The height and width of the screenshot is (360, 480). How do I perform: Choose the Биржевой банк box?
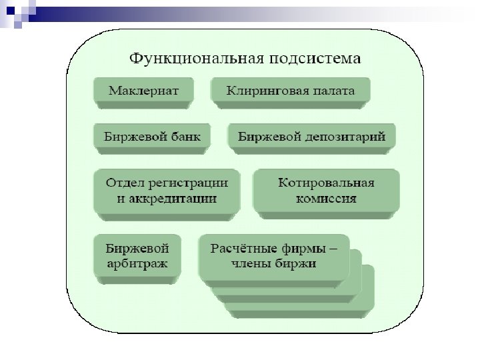click(x=152, y=137)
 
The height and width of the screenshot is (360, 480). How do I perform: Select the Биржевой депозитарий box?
click(x=311, y=137)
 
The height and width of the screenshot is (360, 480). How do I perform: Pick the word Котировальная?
click(x=326, y=182)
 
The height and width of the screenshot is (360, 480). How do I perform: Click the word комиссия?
click(x=326, y=198)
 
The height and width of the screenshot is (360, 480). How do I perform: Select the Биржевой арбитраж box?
click(x=138, y=256)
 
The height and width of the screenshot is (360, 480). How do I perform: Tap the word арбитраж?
click(x=138, y=264)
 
